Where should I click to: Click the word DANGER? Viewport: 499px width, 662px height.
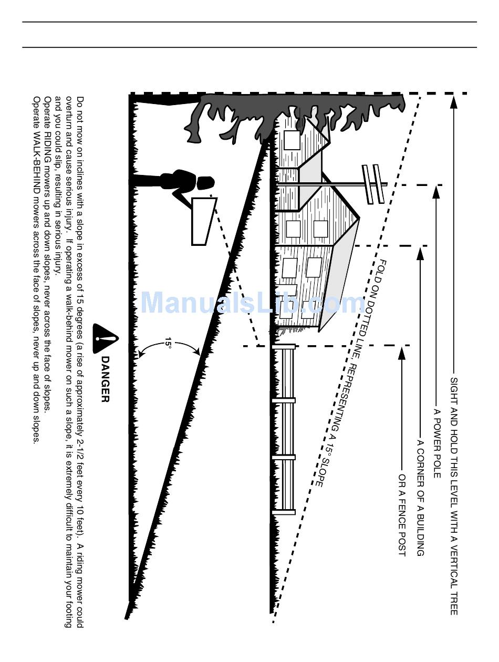point(105,379)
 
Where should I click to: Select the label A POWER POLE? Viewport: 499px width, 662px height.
point(436,442)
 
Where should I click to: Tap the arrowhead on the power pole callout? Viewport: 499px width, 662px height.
point(436,192)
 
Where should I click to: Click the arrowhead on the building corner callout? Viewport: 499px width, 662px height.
point(420,253)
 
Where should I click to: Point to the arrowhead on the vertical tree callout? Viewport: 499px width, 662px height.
point(454,102)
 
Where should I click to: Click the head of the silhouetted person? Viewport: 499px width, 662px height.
point(205,183)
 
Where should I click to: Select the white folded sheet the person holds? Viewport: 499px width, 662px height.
point(203,221)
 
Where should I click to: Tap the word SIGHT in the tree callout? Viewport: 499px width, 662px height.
point(454,388)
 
